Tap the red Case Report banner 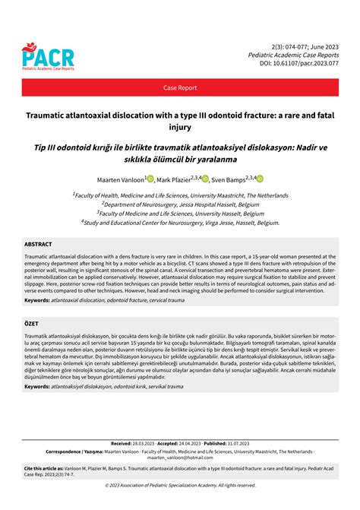click(x=180, y=88)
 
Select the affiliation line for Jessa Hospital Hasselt click(x=179, y=204)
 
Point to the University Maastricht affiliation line click(x=180, y=194)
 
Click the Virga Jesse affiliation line click(x=180, y=222)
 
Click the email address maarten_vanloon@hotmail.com click(x=180, y=458)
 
